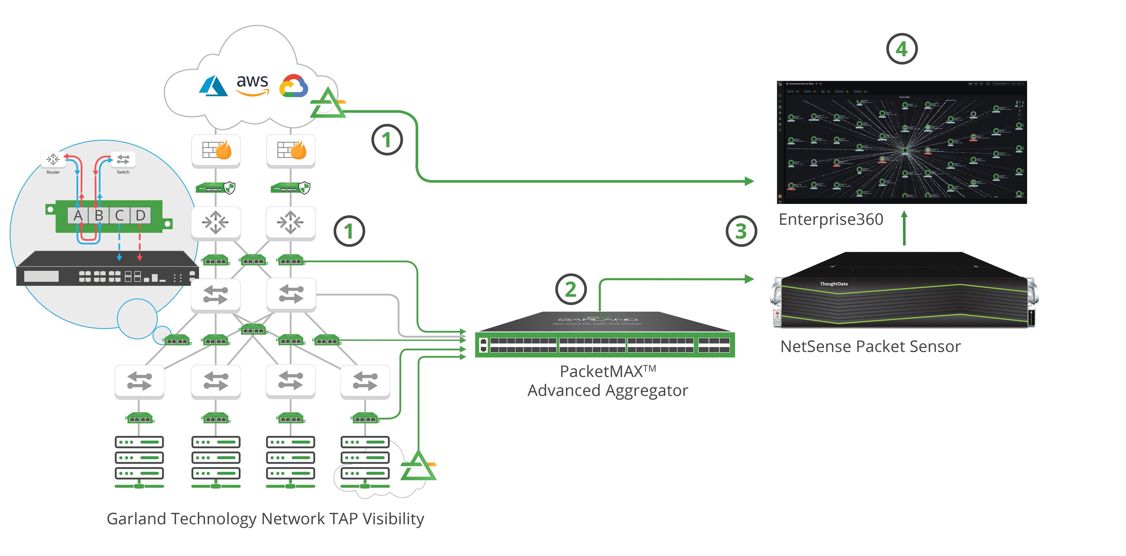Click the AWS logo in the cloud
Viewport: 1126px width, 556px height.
[252, 84]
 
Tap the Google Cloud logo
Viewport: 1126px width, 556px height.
[294, 86]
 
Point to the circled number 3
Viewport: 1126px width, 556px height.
[741, 231]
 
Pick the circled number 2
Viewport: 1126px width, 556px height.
[570, 289]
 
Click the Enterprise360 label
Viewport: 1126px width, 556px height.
[830, 219]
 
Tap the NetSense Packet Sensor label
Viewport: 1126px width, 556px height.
[870, 347]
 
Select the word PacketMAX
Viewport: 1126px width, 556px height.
[601, 372]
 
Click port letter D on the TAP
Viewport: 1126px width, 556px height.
[140, 215]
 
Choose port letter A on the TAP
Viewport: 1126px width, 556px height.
[78, 215]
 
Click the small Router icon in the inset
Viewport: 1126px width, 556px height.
[53, 159]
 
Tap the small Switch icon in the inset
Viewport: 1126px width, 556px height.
[123, 159]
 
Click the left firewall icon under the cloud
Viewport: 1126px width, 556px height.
[216, 151]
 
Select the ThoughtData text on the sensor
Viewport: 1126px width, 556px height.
[834, 284]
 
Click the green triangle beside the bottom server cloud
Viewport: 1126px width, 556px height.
[418, 467]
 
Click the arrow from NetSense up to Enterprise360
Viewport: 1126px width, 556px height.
[904, 228]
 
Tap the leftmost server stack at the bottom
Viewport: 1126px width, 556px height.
[139, 461]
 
